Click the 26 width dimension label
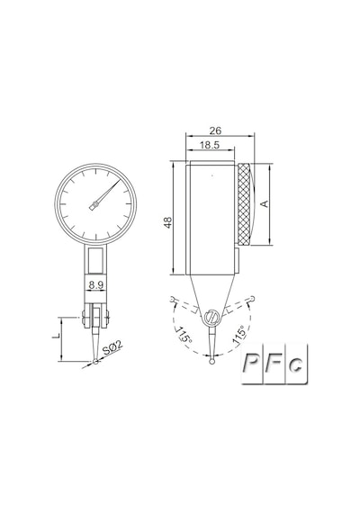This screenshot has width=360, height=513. point(215,130)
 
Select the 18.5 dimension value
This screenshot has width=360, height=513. point(210,145)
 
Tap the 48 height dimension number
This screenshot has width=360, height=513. point(168,222)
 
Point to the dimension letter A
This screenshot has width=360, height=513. point(265,203)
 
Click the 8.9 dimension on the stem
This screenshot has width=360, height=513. point(96,285)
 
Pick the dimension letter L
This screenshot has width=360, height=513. point(56,336)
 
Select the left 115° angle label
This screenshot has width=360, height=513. point(184,335)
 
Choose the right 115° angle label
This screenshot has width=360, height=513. point(238,334)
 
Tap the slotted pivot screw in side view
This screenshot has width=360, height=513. point(211,318)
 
